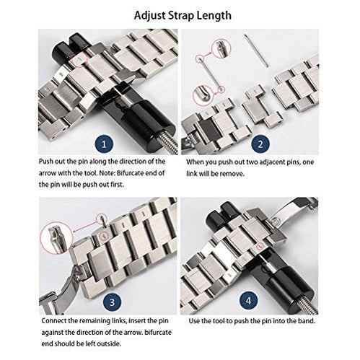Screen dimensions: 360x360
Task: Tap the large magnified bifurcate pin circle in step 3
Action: (57, 232)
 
